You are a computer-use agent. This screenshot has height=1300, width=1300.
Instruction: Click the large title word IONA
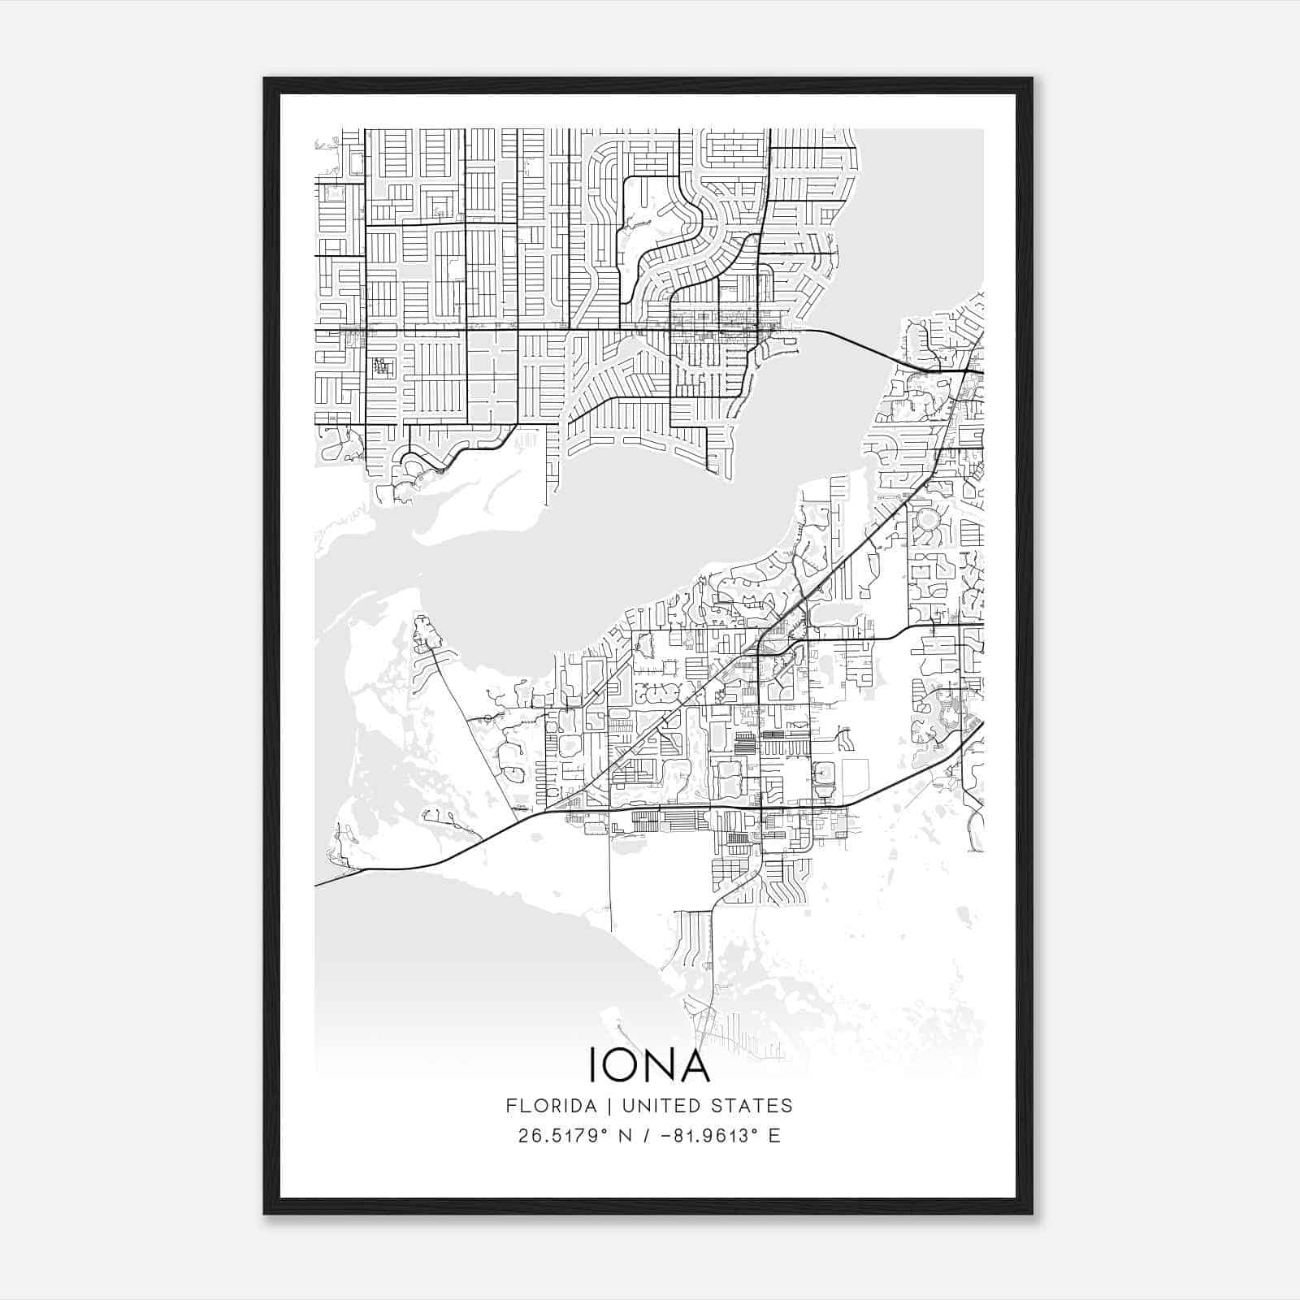coord(649,1065)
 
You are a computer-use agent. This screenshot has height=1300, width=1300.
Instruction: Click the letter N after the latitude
coord(625,1136)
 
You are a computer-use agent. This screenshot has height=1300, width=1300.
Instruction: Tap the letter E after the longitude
coord(774,1136)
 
